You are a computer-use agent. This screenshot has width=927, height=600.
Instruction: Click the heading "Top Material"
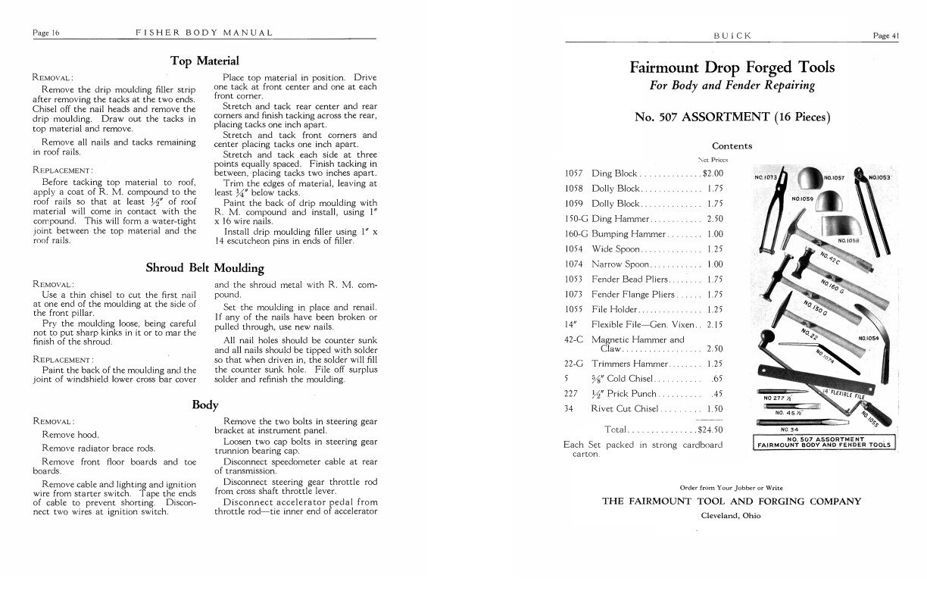[x=204, y=61]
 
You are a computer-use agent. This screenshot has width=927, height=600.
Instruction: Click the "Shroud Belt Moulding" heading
[x=204, y=267]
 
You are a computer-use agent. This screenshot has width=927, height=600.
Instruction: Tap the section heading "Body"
[x=204, y=405]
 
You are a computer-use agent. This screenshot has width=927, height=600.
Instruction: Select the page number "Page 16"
[x=46, y=33]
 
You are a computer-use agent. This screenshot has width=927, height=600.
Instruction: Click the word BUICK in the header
[x=732, y=36]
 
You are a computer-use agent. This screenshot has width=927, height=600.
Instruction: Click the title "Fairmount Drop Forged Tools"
[x=732, y=67]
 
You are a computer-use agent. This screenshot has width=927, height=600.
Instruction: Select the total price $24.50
[x=710, y=430]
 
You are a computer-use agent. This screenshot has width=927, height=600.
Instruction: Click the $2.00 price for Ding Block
[x=713, y=173]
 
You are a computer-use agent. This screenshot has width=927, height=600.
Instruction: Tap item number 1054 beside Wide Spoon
[x=573, y=248]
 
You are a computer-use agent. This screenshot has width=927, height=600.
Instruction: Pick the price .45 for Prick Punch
[x=717, y=393]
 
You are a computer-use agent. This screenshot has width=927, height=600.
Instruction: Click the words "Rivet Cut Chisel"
[x=625, y=408]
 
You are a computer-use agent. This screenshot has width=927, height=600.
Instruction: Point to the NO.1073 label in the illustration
[x=766, y=178]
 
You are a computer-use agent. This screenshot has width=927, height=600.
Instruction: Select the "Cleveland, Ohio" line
[x=731, y=515]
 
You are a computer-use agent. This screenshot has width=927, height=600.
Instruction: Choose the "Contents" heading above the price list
[x=732, y=146]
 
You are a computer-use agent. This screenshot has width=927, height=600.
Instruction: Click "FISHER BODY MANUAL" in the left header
[x=204, y=33]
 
